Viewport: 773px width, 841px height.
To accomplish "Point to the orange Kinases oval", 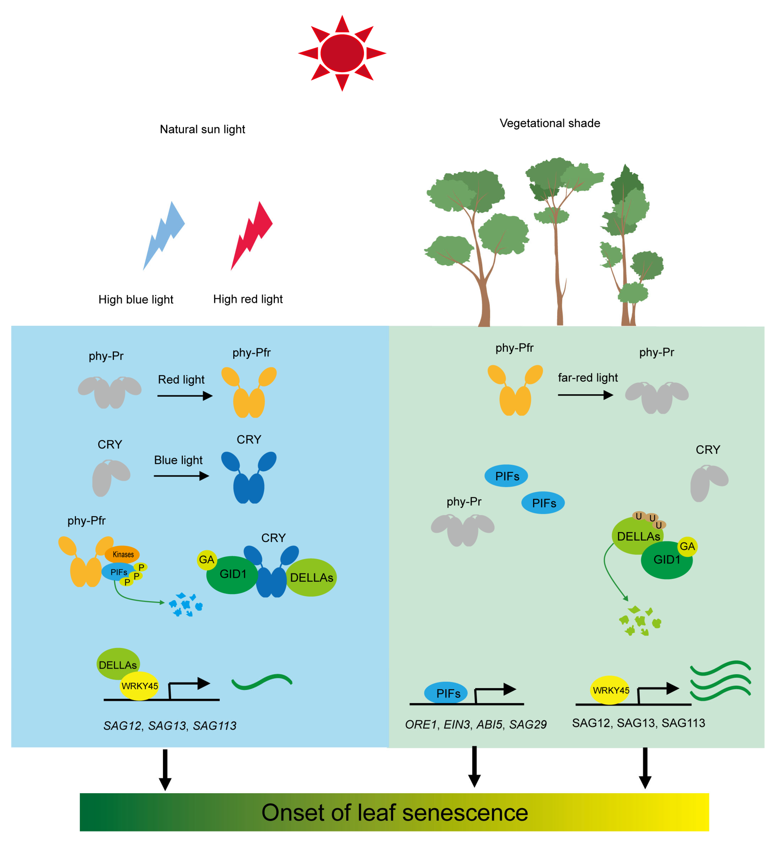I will click(122, 554).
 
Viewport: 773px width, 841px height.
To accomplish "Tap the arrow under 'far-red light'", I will click(585, 395).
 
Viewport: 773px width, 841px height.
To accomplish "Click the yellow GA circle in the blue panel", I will click(207, 560).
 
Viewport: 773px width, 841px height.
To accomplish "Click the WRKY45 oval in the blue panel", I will click(139, 686).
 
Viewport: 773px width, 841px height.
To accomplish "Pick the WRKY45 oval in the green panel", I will click(610, 690).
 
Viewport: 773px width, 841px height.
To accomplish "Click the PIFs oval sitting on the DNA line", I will click(446, 693).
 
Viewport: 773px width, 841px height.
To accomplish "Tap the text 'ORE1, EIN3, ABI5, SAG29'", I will click(476, 724).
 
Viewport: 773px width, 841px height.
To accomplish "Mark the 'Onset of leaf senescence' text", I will click(394, 812).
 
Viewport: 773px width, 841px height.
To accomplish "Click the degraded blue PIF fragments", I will click(186, 604).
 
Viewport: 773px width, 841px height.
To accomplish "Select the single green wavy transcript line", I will click(262, 682).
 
